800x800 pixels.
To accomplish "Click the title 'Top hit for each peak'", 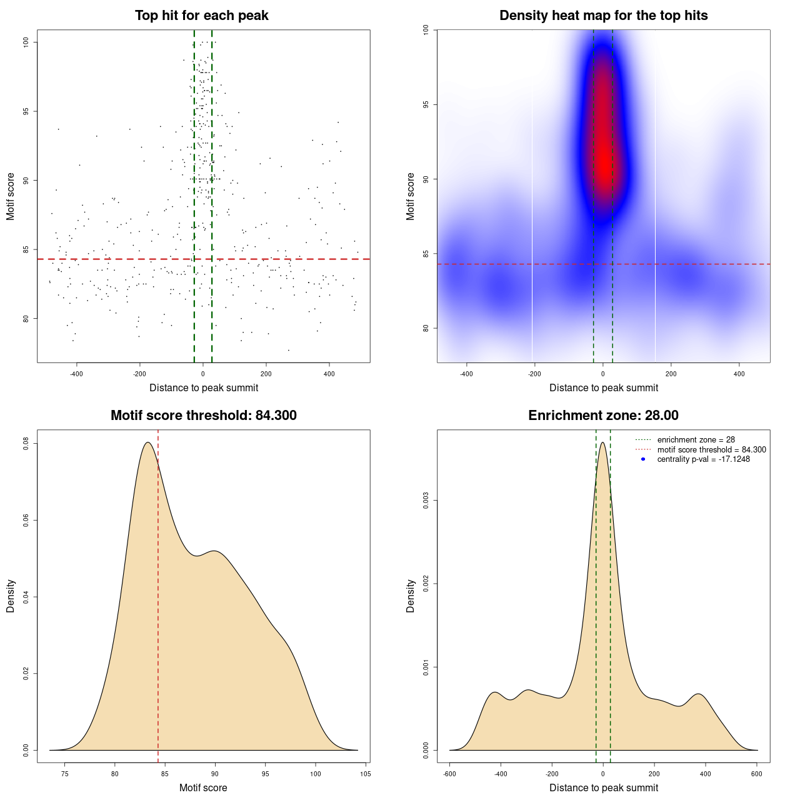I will tap(201, 16).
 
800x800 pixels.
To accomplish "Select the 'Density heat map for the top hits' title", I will tap(603, 16).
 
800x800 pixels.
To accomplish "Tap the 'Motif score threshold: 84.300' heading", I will tap(203, 416).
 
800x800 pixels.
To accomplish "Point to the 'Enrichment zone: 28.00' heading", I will tap(603, 416).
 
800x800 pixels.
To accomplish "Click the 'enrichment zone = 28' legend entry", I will tap(696, 440).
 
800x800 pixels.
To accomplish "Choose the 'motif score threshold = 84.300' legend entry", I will tap(711, 450).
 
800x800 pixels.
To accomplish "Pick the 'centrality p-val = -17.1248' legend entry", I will tap(703, 459).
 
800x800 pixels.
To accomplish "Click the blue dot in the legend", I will tap(643, 459).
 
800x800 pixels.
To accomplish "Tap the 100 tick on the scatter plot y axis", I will tap(26, 42).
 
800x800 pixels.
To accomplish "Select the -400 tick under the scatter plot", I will tap(76, 374).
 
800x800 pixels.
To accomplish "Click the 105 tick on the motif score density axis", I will tap(366, 774).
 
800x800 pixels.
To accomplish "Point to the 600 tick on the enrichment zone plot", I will tap(757, 774).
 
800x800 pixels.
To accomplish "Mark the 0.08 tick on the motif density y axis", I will tap(26, 444).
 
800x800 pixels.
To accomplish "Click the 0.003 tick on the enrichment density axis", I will tap(426, 501).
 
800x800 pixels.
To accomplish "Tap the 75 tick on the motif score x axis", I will tap(65, 774).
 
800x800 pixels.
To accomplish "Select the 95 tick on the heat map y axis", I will tap(426, 104).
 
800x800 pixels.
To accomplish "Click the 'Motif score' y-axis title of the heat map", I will tap(411, 196).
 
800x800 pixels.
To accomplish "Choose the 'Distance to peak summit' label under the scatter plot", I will tap(204, 388).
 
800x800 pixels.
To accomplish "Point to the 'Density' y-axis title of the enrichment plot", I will tap(411, 596).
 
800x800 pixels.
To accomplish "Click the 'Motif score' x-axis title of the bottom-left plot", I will tap(203, 788).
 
